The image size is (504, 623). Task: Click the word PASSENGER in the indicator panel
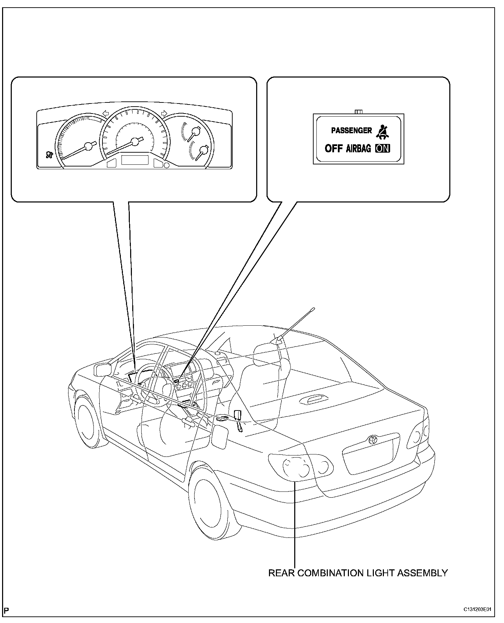coord(351,130)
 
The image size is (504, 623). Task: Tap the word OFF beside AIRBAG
coord(334,148)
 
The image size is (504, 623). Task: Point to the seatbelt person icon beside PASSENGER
coord(382,131)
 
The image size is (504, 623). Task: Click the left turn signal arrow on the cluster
coord(106,113)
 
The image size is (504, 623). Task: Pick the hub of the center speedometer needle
coord(135,142)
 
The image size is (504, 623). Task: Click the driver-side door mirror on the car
coord(102,370)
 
